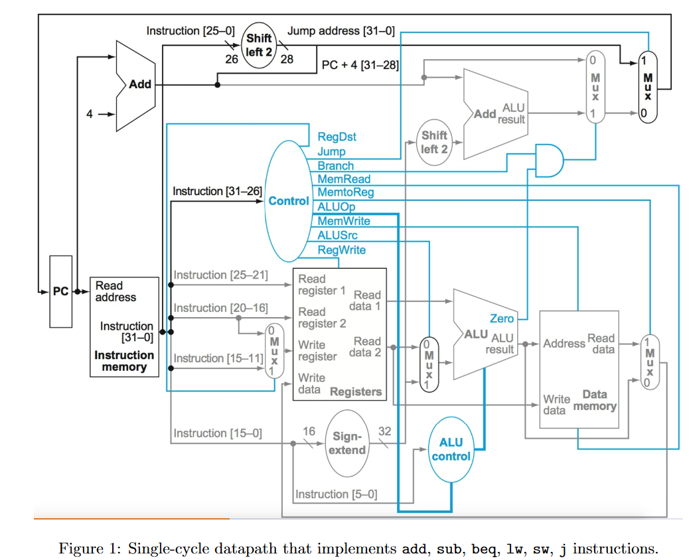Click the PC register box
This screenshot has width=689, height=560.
pyautogui.click(x=60, y=291)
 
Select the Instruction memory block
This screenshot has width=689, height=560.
pyautogui.click(x=124, y=326)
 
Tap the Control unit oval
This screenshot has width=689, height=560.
pyautogui.click(x=288, y=201)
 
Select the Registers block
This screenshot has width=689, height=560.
pyautogui.click(x=339, y=334)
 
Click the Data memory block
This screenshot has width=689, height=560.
pyautogui.click(x=578, y=370)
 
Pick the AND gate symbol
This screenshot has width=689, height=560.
pyautogui.click(x=548, y=160)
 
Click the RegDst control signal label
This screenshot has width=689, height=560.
pyautogui.click(x=337, y=137)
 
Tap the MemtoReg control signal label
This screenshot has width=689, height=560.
pyautogui.click(x=345, y=192)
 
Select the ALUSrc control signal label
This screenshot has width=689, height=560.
pyautogui.click(x=337, y=235)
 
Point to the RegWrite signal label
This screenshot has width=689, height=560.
pyautogui.click(x=341, y=249)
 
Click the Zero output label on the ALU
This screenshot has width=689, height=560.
pyautogui.click(x=501, y=319)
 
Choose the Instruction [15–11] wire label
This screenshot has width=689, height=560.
pyautogui.click(x=216, y=358)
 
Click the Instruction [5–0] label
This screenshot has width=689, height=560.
pyautogui.click(x=336, y=494)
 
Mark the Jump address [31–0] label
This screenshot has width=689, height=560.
pyautogui.click(x=341, y=31)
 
